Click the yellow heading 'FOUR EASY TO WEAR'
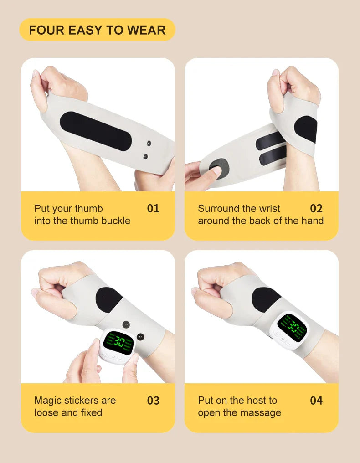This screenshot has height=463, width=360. click(x=97, y=30)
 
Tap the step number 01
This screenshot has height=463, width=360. click(x=153, y=209)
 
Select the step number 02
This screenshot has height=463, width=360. click(x=316, y=209)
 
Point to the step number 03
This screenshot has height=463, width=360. click(x=153, y=401)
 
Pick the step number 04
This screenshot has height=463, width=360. click(x=316, y=401)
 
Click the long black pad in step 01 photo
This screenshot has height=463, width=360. click(x=96, y=130)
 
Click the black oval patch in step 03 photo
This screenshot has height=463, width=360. click(x=109, y=300)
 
